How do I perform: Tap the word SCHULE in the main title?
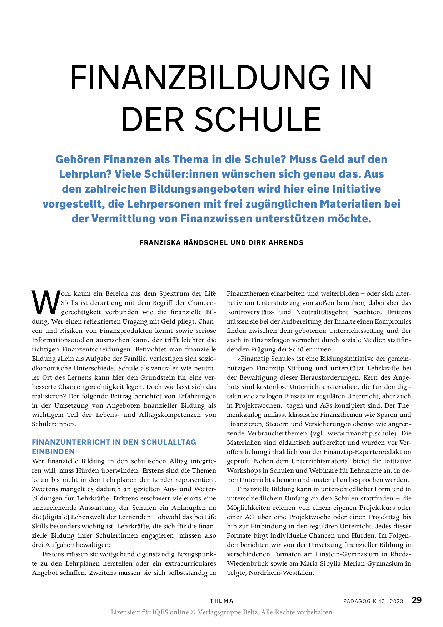click(x=258, y=119)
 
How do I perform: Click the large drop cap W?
click(x=46, y=301)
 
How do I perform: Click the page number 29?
click(x=417, y=600)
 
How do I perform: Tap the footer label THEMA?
click(x=221, y=601)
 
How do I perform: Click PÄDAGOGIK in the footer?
click(x=360, y=601)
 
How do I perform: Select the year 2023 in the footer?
click(x=396, y=601)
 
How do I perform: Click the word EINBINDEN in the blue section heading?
click(x=53, y=451)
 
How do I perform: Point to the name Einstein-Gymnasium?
click(x=347, y=554)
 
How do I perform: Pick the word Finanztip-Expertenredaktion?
click(x=360, y=452)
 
